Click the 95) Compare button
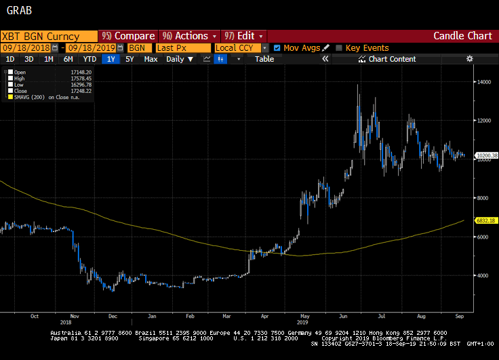point(127,36)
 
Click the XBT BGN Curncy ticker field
point(47,36)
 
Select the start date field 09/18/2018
point(26,48)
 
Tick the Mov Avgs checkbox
point(277,48)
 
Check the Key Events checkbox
point(339,48)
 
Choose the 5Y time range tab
point(129,59)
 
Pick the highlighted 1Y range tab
point(111,59)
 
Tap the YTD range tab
point(89,59)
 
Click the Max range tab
point(151,59)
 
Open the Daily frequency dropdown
point(180,59)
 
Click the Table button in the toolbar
point(264,59)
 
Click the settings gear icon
point(469,59)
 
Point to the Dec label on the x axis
point(112,316)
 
